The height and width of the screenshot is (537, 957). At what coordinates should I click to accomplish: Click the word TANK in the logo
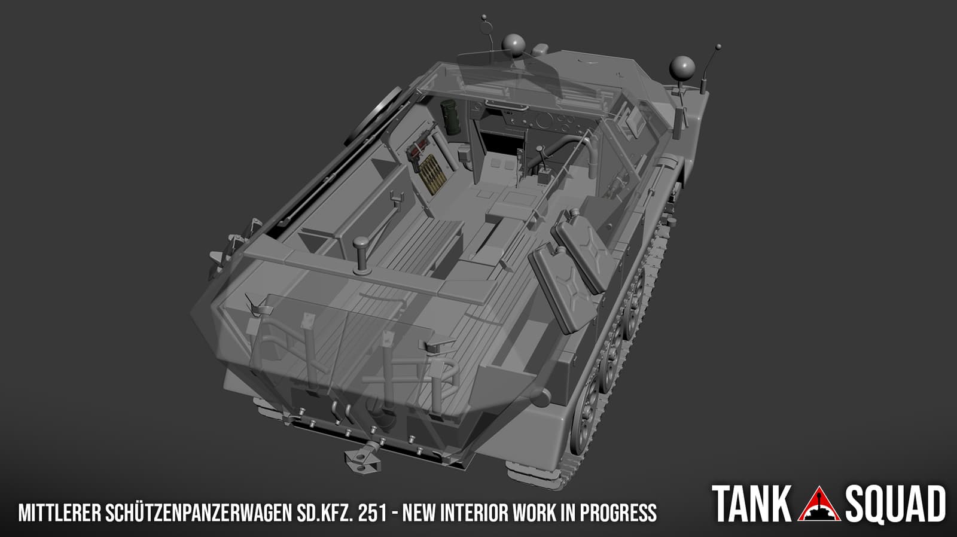[x=751, y=504]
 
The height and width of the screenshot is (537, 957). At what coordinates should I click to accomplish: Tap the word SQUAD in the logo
[x=895, y=504]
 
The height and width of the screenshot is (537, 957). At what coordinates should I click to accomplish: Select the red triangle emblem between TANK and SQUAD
[x=819, y=505]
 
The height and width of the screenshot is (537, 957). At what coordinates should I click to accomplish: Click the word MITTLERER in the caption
[x=59, y=512]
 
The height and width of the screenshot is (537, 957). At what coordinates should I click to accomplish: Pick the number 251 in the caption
[x=373, y=512]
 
